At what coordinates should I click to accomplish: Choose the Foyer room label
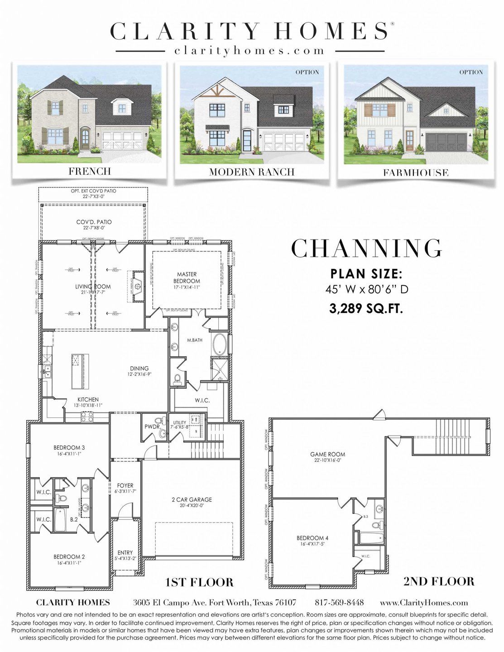pos(125,488)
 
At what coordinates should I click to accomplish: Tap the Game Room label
pos(327,456)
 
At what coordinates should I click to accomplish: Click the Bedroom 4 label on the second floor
pos(312,541)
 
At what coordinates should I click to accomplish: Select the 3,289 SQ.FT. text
pos(366,308)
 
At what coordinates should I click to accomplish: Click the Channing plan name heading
pos(366,248)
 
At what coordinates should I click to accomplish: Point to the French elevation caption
pos(90,171)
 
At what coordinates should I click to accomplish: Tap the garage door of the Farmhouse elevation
pos(446,142)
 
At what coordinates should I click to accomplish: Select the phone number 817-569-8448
pos(339,603)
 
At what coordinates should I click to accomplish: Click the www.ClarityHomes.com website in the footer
pos(423,603)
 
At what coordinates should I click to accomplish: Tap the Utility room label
pos(180,425)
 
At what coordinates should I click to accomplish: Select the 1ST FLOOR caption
pos(200,582)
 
